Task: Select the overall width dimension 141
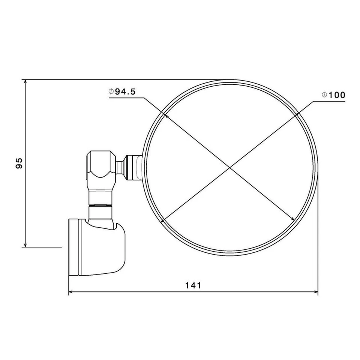pyautogui.click(x=193, y=285)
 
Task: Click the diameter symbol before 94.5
pyautogui.click(x=111, y=92)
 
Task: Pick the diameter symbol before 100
pyautogui.click(x=324, y=95)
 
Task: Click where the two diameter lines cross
pyautogui.click(x=229, y=167)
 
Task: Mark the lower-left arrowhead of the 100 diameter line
pyautogui.click(x=163, y=221)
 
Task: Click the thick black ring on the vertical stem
pyautogui.click(x=100, y=205)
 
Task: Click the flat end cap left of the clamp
pyautogui.click(x=73, y=247)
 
